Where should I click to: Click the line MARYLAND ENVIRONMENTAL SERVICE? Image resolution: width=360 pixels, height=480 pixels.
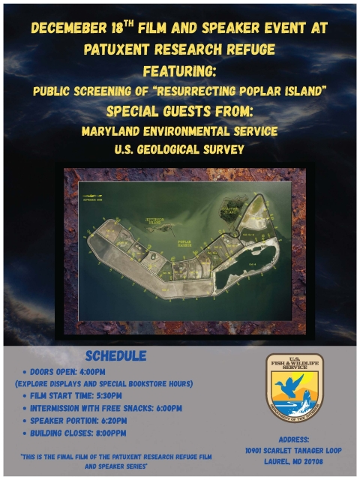[x=179, y=131]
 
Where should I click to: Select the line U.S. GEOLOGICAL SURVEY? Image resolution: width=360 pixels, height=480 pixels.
[x=179, y=149]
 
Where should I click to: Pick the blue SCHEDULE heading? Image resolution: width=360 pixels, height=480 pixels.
[x=115, y=355]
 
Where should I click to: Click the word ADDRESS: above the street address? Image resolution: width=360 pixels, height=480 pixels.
[x=294, y=439]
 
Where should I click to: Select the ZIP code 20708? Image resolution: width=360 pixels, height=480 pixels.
[x=316, y=462]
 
